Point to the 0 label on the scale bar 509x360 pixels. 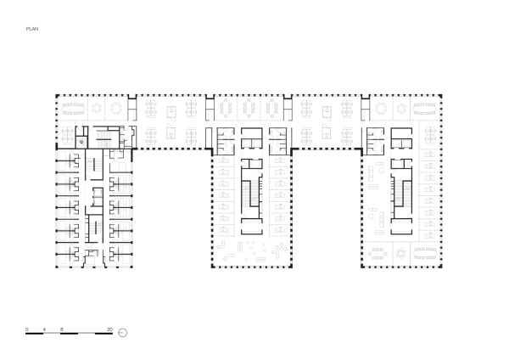pos(27,328)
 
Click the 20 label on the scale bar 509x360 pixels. pos(108,328)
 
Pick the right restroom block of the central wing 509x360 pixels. pos(278,139)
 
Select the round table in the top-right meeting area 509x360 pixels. pos(378,109)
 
